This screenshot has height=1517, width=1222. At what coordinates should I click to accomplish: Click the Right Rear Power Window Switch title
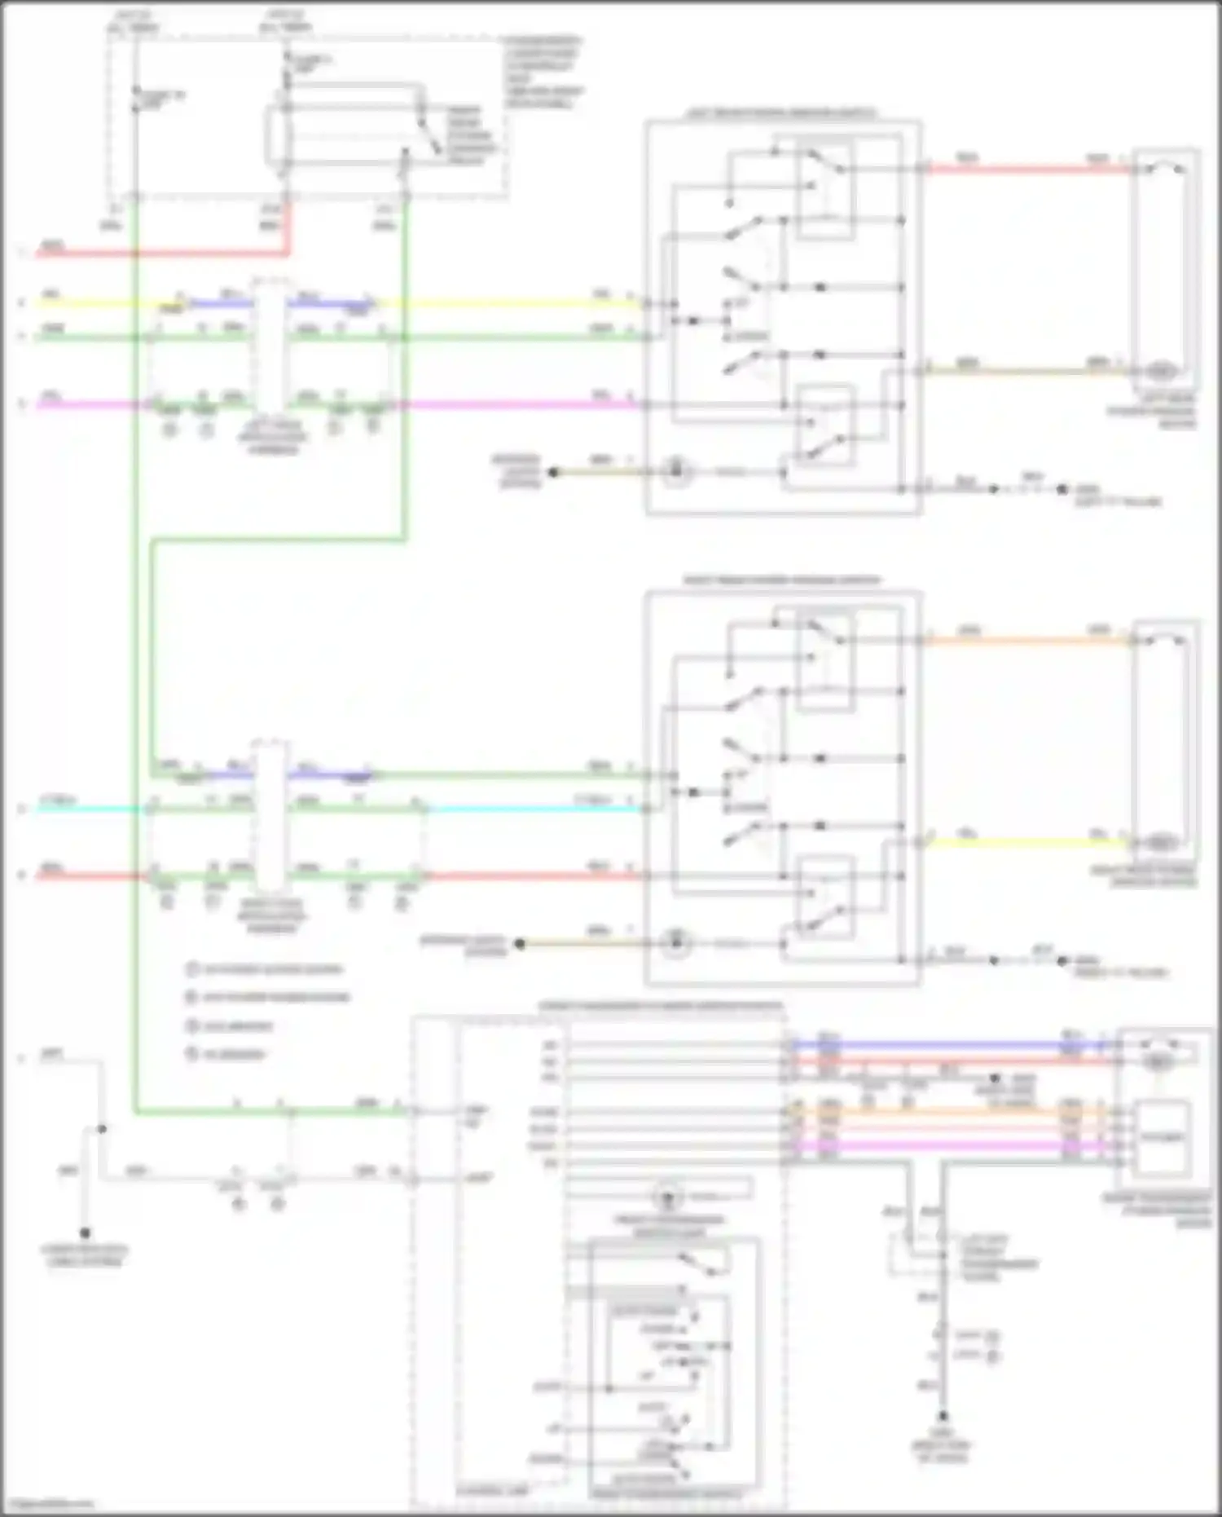click(x=780, y=580)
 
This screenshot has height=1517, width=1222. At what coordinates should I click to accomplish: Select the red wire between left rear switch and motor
click(x=1026, y=170)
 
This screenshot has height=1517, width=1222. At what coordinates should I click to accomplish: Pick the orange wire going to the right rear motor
click(x=1026, y=641)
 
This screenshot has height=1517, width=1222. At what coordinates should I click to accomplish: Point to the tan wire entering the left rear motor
click(x=1026, y=371)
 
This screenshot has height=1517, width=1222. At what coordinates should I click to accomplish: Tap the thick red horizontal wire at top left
click(x=163, y=254)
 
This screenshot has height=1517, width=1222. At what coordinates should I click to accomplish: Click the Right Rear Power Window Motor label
click(x=1145, y=876)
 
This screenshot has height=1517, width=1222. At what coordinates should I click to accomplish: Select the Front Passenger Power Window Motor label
click(x=1157, y=1211)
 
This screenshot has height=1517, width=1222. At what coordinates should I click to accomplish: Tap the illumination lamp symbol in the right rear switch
click(x=675, y=944)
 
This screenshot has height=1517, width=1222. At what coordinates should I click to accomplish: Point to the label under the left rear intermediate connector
click(x=273, y=438)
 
